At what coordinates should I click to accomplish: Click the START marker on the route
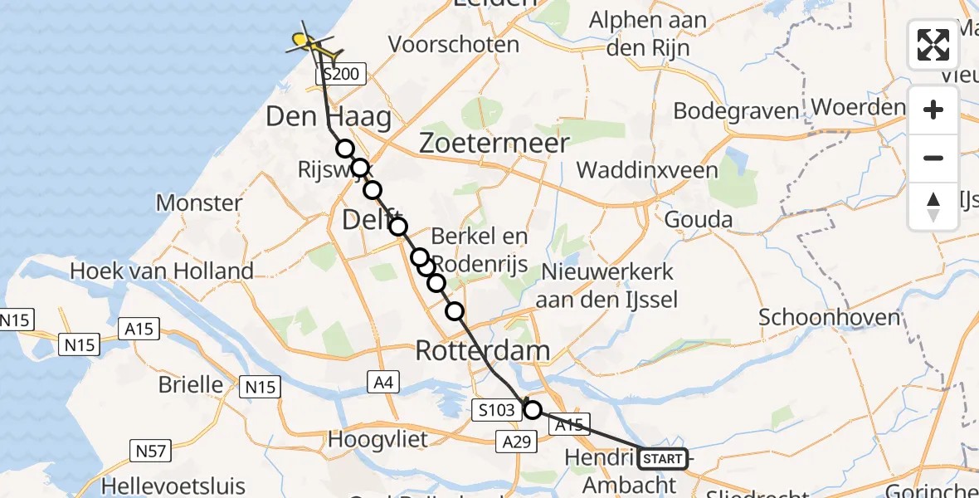pos(663,458)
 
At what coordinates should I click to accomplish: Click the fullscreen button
pos(933,45)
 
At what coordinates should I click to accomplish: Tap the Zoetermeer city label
pos(494,143)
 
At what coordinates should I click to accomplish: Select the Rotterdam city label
pos(482,350)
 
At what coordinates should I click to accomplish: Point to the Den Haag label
pos(328,117)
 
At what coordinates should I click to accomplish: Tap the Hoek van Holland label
pos(162,271)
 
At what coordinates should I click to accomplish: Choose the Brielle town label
pos(192,385)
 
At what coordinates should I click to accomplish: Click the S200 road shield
pos(341,75)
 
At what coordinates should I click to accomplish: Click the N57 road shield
pos(151,451)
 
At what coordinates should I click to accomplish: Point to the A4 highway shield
pos(381,382)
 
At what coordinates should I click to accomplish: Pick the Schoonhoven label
pos(829,317)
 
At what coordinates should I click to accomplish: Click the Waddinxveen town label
pos(646,170)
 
